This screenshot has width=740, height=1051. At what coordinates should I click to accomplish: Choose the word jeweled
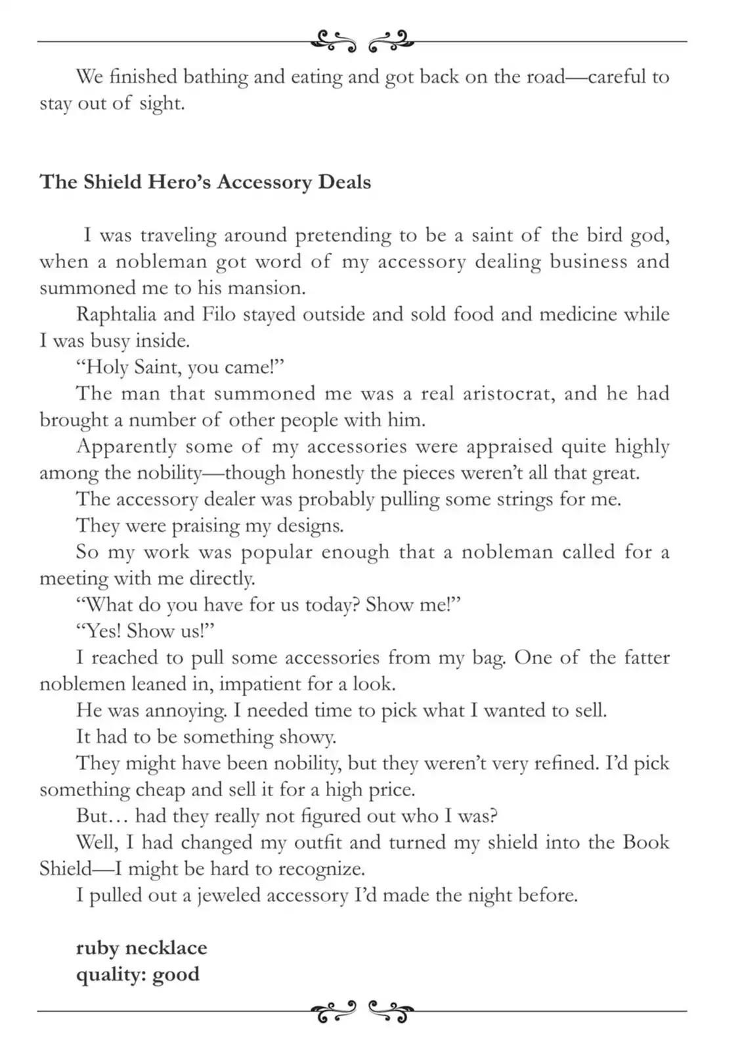click(230, 895)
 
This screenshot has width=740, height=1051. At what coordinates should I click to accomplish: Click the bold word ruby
click(97, 949)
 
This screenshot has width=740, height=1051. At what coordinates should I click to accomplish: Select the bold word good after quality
click(175, 974)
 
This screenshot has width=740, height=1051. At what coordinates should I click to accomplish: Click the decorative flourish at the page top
click(362, 41)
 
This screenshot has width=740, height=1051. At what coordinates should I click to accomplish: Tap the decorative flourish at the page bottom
click(362, 1012)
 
